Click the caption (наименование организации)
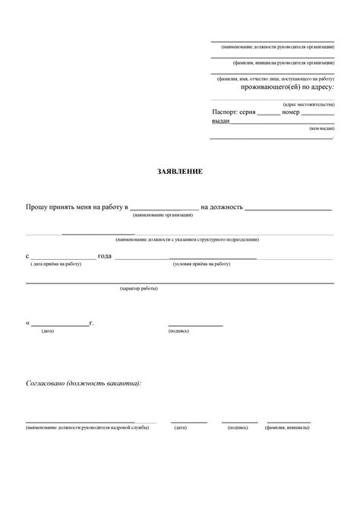point(163,215)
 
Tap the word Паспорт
point(225,111)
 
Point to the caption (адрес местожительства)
point(308,103)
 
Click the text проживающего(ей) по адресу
point(287,87)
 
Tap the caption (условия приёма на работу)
point(201,264)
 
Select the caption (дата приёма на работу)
point(55,264)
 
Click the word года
point(105,255)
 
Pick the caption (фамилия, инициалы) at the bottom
point(287,428)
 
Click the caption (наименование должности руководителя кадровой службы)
point(87,428)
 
